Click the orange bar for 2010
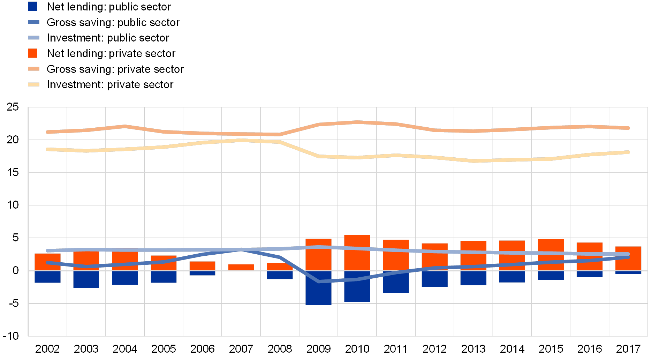[x=357, y=253]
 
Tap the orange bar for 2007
[x=241, y=267]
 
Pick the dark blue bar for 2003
[x=86, y=279]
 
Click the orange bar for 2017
[x=628, y=258]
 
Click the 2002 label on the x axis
[x=47, y=348]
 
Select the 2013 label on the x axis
[x=473, y=348]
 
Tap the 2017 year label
[x=628, y=348]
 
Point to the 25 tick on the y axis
[x=13, y=107]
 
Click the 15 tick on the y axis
[x=13, y=172]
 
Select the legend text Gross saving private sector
[x=115, y=69]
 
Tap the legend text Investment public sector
[x=108, y=38]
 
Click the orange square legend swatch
[x=33, y=53]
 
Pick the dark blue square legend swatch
[x=33, y=7]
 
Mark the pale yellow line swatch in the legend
[x=34, y=84]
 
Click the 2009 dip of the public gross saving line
[x=318, y=281]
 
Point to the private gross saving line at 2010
[x=357, y=122]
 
